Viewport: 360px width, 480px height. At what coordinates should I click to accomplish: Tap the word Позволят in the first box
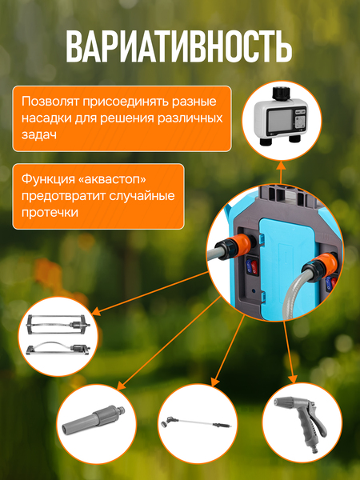click(50, 102)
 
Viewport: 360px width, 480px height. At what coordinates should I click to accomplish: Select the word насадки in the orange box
click(46, 119)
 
